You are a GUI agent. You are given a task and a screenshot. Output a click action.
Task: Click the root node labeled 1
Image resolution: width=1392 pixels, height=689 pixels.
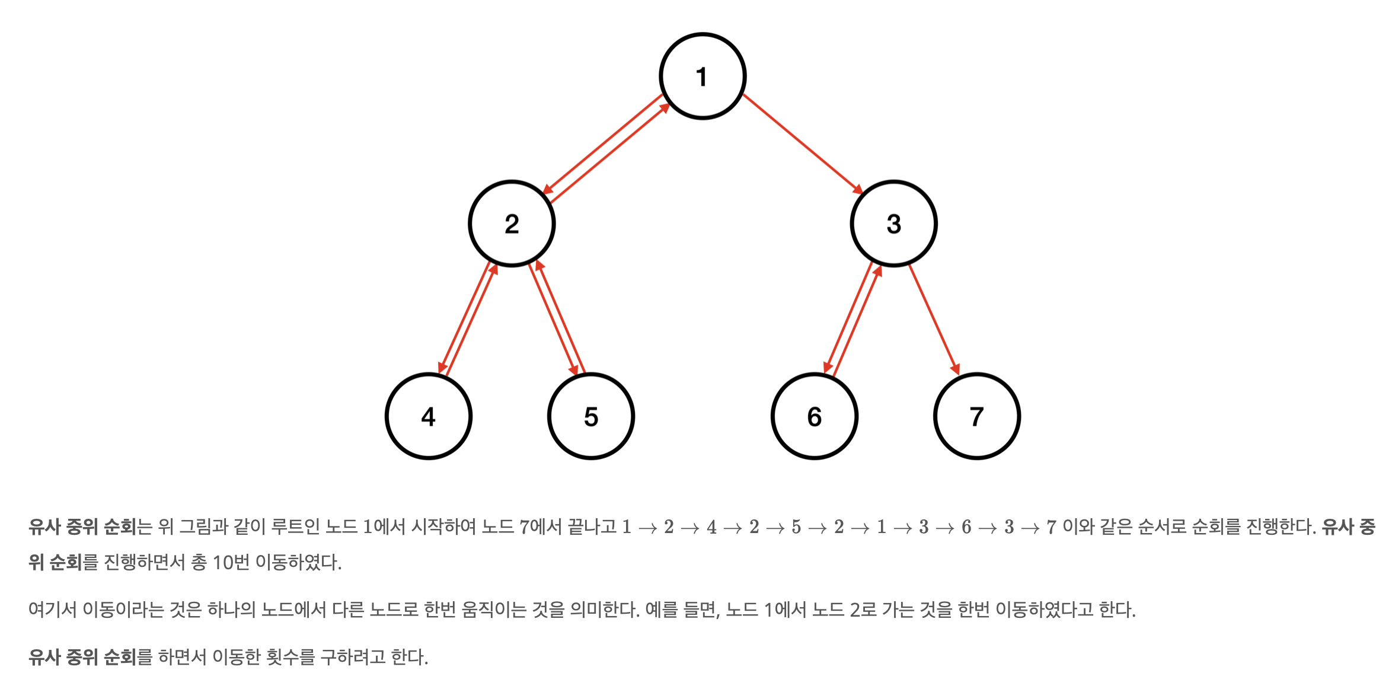click(x=703, y=76)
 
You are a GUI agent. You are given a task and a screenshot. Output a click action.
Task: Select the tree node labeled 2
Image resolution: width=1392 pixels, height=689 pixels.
click(x=512, y=224)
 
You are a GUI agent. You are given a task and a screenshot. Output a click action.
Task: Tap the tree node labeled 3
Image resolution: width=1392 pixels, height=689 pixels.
click(x=893, y=224)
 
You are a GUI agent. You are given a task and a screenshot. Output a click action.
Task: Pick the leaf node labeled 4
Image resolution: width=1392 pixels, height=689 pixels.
click(x=429, y=416)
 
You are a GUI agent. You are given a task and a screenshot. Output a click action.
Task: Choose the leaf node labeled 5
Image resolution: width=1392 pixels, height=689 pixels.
click(x=591, y=416)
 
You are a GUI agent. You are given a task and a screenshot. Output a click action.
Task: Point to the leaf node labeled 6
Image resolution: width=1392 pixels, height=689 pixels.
click(x=815, y=416)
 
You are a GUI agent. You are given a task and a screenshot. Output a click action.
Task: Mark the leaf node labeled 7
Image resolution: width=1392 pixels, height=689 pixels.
click(x=977, y=416)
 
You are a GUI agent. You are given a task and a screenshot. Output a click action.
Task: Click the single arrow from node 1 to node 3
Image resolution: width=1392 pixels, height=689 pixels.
click(x=802, y=143)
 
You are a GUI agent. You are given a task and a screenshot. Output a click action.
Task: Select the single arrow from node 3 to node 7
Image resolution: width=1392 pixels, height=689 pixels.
click(x=933, y=319)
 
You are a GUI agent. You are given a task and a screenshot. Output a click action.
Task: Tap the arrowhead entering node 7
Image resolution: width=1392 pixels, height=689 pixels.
click(x=955, y=369)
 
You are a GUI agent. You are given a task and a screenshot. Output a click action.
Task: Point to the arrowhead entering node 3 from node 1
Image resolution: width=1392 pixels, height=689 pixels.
click(x=857, y=189)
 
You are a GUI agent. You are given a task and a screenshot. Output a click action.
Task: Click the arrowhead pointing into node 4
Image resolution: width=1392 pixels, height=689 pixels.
click(x=442, y=367)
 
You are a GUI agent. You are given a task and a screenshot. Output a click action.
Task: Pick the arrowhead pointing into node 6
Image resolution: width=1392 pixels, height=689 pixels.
click(x=828, y=367)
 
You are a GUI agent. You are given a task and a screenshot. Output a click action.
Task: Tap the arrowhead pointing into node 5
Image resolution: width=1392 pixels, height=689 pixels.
click(x=573, y=369)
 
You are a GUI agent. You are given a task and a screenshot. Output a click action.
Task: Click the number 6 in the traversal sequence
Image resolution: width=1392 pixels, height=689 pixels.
click(x=966, y=527)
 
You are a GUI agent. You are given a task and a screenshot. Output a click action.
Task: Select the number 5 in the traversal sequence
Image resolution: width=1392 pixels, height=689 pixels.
click(x=796, y=527)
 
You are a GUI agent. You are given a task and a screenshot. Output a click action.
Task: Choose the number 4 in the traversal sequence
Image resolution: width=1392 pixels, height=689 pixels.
click(x=711, y=527)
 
